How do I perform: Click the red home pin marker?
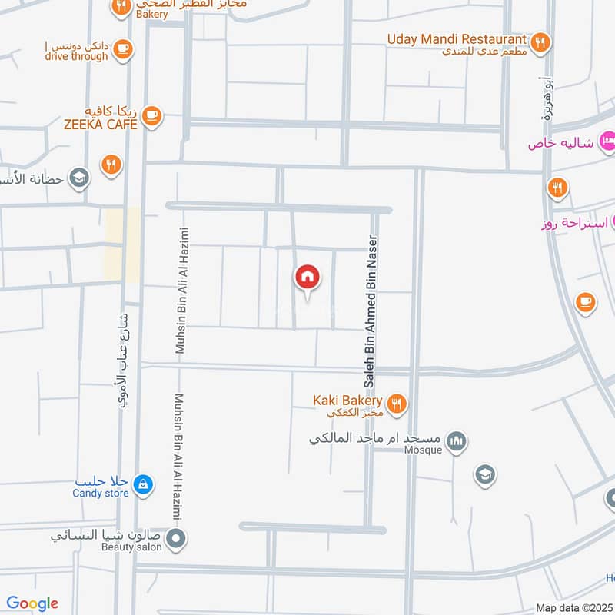tap(307, 277)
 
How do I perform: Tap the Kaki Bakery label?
tap(347, 401)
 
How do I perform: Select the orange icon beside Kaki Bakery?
tap(397, 403)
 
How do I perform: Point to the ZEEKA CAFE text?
tap(101, 124)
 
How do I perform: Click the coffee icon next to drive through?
tap(122, 50)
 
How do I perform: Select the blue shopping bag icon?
tap(142, 484)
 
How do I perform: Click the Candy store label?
tap(101, 494)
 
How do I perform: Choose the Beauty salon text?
tap(132, 547)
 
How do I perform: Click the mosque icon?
tap(457, 442)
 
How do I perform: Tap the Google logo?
tap(32, 603)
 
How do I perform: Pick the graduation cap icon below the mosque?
tap(484, 474)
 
